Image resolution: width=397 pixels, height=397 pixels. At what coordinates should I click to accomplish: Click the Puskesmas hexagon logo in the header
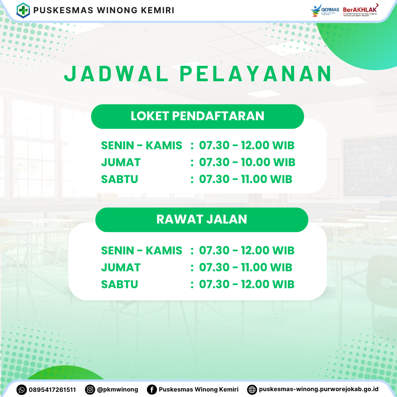click(23, 10)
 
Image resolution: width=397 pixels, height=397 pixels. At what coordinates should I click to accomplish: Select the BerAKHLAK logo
click(360, 10)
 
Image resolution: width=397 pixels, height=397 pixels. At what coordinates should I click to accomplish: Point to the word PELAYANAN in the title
click(255, 74)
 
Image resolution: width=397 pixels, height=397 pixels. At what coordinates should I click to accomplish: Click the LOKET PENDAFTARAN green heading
click(197, 116)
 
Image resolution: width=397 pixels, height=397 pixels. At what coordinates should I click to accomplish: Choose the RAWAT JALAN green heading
click(201, 219)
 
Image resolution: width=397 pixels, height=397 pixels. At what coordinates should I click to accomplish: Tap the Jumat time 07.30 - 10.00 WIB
click(247, 162)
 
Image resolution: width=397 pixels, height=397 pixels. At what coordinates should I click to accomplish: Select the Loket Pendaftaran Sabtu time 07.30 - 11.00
click(246, 179)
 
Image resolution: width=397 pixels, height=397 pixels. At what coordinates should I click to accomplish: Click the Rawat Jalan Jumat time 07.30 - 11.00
click(246, 268)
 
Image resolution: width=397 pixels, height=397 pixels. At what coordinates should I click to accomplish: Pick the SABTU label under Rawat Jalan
click(119, 285)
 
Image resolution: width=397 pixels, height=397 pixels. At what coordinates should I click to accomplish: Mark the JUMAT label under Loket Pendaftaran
click(121, 162)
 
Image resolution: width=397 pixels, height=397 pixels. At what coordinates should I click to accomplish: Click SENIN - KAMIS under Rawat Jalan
click(142, 251)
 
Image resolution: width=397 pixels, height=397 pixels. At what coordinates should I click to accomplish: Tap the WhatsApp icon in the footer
click(22, 390)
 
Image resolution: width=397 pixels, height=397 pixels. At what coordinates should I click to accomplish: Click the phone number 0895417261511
click(52, 390)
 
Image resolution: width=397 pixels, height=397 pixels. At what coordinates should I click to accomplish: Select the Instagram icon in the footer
click(90, 390)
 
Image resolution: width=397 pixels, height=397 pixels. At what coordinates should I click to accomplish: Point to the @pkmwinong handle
click(118, 390)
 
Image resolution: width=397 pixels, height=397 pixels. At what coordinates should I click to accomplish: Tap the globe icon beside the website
click(252, 390)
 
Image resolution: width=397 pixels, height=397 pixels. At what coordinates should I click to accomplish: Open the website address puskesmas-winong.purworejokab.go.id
click(318, 389)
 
